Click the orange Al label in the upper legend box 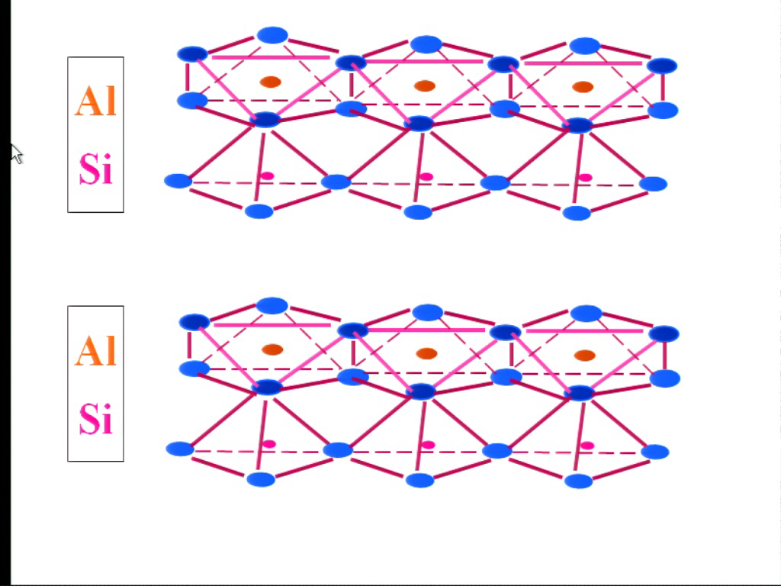95,101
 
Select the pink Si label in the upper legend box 96,169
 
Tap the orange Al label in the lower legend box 95,350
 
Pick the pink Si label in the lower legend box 96,418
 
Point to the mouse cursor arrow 17,154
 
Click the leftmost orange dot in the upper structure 271,82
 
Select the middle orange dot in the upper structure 425,85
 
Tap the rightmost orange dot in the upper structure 583,87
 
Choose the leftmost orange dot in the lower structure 272,349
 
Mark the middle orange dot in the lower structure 426,353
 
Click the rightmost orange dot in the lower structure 584,356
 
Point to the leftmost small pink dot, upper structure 268,176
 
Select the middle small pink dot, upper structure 426,177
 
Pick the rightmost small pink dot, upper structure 585,177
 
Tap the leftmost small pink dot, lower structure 269,444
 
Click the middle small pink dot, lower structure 429,445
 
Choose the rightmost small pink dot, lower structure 587,446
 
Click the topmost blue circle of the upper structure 272,35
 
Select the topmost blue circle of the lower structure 272,305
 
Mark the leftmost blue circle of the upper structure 178,181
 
